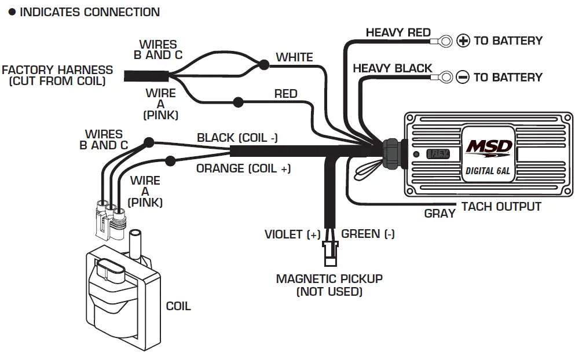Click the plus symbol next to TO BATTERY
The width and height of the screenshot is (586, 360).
point(463,41)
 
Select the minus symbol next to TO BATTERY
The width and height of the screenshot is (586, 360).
point(463,77)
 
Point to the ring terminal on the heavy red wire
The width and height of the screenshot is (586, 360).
point(445,41)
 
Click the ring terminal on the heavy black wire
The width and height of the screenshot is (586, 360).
point(445,76)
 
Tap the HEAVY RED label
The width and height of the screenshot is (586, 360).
point(398,32)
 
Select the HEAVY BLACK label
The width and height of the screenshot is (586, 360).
point(392,68)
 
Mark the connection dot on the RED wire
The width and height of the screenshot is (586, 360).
point(237,102)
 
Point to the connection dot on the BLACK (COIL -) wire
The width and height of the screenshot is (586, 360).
point(149,141)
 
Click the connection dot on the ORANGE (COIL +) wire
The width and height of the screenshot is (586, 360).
point(170,160)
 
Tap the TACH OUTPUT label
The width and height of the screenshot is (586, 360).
point(501,207)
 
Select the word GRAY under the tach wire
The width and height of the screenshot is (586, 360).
point(439,214)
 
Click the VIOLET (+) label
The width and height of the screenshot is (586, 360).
point(292,234)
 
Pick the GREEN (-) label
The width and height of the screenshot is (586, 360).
point(368,234)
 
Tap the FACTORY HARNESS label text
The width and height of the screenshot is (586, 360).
point(57,75)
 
